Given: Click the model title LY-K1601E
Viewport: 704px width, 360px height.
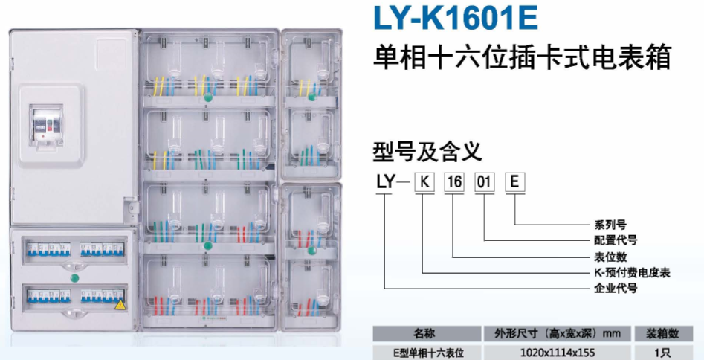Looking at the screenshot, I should click(x=455, y=18).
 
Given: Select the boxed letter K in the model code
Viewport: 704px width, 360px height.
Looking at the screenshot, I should click(x=424, y=182).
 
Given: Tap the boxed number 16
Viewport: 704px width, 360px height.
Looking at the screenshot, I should click(x=454, y=182).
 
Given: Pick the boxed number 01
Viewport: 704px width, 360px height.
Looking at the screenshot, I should click(x=484, y=182).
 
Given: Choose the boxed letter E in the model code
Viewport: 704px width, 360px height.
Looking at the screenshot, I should click(x=515, y=182).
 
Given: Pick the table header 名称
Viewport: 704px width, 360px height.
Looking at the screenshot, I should click(x=424, y=334).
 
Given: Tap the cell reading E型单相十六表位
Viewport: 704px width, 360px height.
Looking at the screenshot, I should click(x=424, y=351).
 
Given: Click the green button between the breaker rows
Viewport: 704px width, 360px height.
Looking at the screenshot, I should click(x=74, y=277).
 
